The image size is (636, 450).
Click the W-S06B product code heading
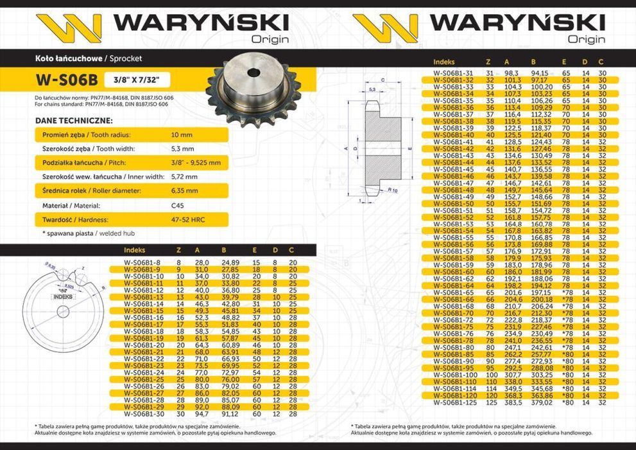click(67, 80)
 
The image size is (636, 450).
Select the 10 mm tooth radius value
click(182, 135)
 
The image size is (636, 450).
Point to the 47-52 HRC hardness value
click(187, 219)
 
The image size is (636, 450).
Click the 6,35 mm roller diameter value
click(185, 191)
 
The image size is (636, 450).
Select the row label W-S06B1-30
click(144, 415)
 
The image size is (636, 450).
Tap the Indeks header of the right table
click(444, 62)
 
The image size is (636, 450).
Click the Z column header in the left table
click(178, 250)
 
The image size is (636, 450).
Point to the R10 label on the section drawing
click(393, 191)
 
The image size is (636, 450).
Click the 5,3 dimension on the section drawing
click(372, 90)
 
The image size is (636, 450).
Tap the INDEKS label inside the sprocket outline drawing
click(63, 297)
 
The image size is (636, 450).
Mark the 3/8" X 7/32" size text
click(133, 80)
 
